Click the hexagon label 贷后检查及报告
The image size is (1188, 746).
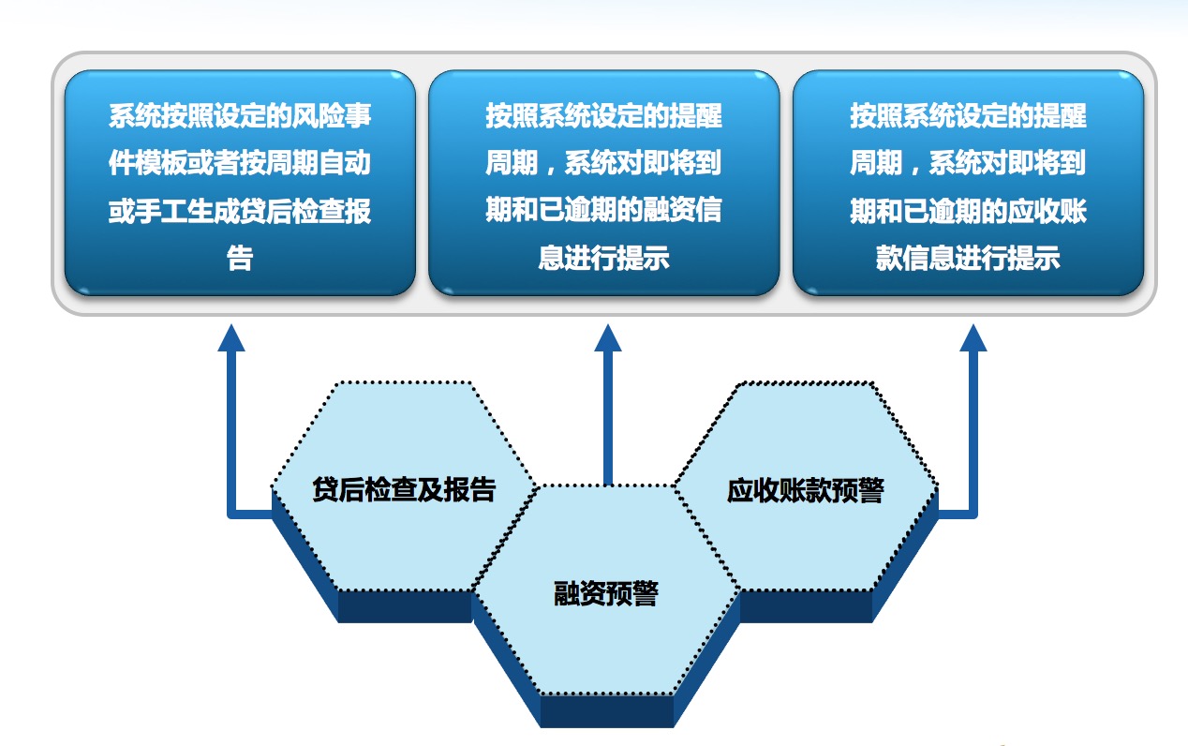coord(404,489)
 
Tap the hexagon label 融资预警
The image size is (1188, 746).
coord(605,593)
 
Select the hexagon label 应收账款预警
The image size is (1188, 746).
coord(805,490)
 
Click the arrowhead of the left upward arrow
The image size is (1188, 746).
coord(231,338)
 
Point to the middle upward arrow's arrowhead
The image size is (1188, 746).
coord(608,338)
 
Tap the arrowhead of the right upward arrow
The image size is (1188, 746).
coord(973,338)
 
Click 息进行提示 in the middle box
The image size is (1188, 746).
coord(604,258)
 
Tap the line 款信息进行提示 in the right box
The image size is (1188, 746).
coord(968,258)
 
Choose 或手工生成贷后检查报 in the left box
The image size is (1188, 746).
coord(240,210)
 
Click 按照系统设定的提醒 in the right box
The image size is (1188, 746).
coord(968,116)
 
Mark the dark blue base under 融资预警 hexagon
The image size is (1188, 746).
coord(607,711)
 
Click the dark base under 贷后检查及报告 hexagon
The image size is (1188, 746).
coord(404,606)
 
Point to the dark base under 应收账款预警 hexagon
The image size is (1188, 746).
coord(806,606)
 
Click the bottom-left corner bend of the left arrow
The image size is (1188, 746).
coord(232,514)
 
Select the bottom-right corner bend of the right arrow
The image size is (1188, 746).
coord(973,514)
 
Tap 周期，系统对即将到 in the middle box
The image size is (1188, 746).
coord(604,163)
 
